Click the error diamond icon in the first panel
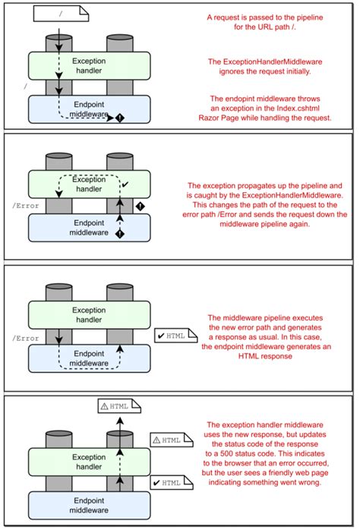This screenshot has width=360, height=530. pos(119,118)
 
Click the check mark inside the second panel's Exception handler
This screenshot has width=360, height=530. pos(125,184)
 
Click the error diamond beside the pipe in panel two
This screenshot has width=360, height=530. pos(139,206)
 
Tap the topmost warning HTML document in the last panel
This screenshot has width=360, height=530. pos(114,406)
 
